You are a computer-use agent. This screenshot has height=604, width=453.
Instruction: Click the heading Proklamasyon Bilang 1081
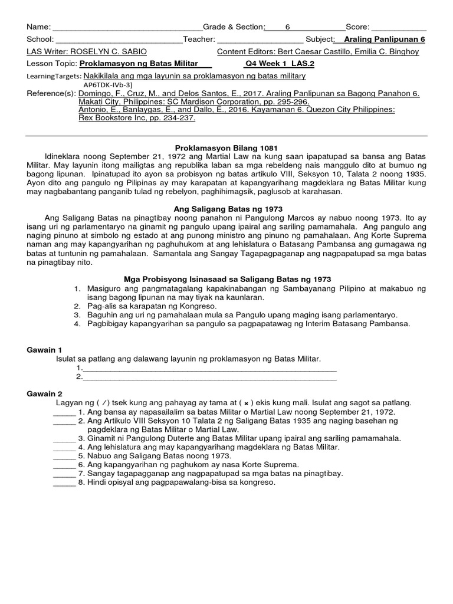tap(226, 147)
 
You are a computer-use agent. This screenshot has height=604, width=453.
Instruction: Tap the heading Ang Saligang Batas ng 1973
tap(228, 209)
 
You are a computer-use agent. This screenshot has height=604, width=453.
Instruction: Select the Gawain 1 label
tap(44, 350)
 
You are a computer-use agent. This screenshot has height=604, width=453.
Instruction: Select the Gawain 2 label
tap(44, 393)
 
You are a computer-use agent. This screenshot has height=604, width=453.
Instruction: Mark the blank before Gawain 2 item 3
tap(64, 439)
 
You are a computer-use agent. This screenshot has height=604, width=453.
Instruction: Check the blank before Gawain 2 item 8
tap(64, 483)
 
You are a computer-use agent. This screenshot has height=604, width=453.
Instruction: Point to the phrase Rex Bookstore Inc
tap(112, 118)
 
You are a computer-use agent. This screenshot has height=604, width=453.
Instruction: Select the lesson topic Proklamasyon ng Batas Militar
tap(137, 64)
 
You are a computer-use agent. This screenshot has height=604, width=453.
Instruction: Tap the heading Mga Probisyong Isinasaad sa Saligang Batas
tap(227, 279)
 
